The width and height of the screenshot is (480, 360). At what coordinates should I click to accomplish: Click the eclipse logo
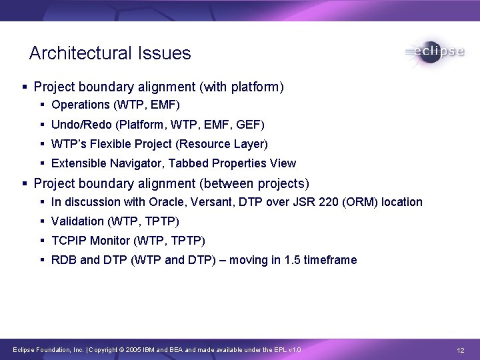click(x=434, y=53)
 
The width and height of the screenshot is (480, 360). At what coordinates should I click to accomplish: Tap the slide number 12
click(x=460, y=351)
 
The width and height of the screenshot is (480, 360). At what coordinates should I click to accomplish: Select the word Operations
click(x=80, y=105)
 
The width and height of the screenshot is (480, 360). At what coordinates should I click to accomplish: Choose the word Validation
click(x=77, y=221)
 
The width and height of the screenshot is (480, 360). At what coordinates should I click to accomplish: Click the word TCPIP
click(x=67, y=241)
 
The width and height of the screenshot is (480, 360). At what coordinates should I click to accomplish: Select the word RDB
click(x=64, y=260)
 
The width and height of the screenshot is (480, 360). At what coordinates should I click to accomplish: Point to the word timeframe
click(x=330, y=260)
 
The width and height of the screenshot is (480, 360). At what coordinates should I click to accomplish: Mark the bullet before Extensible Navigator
click(x=43, y=163)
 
